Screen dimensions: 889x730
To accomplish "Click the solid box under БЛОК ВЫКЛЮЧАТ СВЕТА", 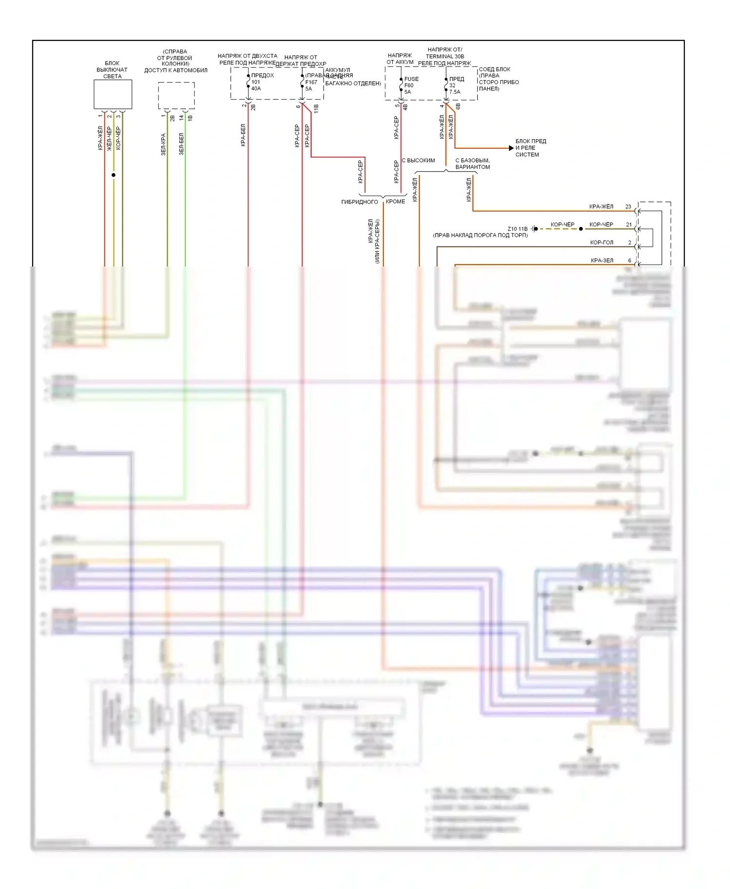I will tap(112, 94).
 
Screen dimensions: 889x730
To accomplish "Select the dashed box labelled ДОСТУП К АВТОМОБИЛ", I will tap(176, 95).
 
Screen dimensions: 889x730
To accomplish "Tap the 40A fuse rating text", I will tap(256, 89).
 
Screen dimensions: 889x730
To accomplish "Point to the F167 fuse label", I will tap(311, 82).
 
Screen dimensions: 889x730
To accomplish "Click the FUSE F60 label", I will tap(411, 82).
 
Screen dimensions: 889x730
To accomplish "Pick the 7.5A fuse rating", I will tap(455, 92).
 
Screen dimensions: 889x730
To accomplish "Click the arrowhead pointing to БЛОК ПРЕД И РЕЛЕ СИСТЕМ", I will tap(511, 148).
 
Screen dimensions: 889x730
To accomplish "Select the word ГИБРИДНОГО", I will tap(360, 202).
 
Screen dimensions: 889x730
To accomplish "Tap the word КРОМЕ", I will tap(395, 201).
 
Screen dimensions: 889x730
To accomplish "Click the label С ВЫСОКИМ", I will tap(418, 160).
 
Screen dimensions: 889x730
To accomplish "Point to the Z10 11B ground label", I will tap(517, 229).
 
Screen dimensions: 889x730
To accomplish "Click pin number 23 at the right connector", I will tap(628, 207).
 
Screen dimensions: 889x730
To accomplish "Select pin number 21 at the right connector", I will tap(629, 225).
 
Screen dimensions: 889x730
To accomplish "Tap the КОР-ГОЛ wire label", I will tap(602, 242).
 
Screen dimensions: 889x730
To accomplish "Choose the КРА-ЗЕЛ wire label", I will tap(602, 260).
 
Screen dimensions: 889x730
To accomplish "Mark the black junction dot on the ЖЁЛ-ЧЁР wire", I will tap(113, 175).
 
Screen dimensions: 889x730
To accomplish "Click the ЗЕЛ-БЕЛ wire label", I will tap(181, 144).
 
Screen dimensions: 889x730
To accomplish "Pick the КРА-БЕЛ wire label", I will tap(243, 135).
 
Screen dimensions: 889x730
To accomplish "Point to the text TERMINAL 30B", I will tap(445, 56).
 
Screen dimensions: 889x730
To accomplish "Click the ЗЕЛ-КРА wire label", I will tap(164, 144).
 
